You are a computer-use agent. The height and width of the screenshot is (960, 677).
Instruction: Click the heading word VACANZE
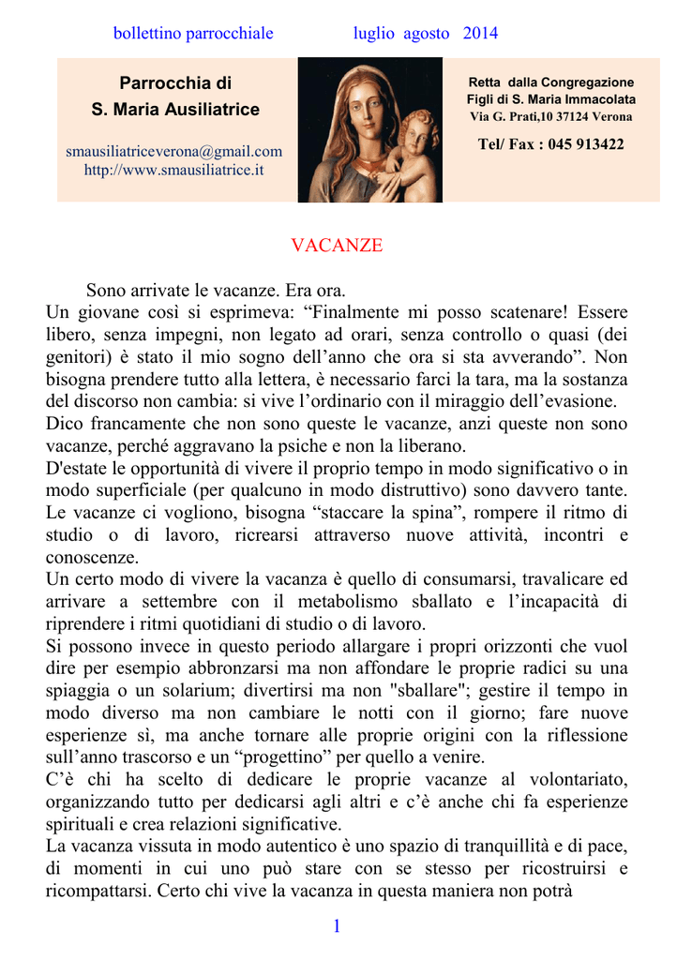coord(337,246)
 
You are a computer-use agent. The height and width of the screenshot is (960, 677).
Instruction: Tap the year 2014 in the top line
coord(480,34)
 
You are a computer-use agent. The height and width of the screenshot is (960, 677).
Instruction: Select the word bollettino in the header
coord(144,34)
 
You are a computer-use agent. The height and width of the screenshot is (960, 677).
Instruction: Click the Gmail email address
coord(173,151)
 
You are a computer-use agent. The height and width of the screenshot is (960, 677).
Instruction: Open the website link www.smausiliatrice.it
coord(173,170)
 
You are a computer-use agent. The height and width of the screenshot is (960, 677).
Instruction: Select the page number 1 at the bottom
coord(337,927)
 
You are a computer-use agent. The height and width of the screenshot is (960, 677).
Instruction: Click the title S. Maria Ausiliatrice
coord(175,110)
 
